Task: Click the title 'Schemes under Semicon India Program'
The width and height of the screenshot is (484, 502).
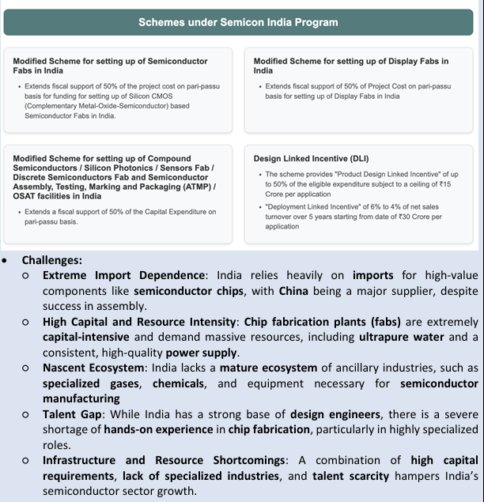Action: click(x=226, y=23)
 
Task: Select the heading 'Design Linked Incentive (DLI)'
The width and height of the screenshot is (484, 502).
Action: click(x=301, y=159)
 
